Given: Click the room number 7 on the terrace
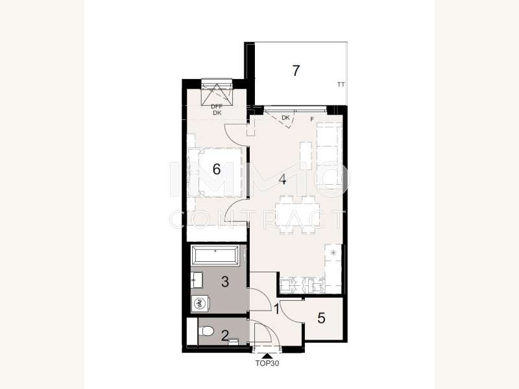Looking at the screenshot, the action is (296, 71).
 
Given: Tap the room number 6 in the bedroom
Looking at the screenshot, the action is (217, 169).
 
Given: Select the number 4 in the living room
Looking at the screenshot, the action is (282, 180).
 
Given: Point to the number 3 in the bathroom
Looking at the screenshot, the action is (225, 282).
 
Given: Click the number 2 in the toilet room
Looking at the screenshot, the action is (225, 336).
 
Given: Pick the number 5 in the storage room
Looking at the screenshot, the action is (321, 318).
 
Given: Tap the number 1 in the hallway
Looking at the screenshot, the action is (276, 310).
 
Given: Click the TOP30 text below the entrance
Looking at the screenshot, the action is (267, 363).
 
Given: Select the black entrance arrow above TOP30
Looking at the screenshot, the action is (267, 356).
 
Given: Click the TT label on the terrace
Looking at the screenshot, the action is (341, 85).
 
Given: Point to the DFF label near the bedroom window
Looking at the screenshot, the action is (217, 107).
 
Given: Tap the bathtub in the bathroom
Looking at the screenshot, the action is (215, 255).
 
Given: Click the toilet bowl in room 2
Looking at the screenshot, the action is (207, 331).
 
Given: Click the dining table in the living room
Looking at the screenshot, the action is (298, 215).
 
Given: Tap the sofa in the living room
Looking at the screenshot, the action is (329, 156).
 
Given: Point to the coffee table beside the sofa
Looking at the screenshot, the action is (306, 156).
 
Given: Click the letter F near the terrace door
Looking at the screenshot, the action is (312, 120).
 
